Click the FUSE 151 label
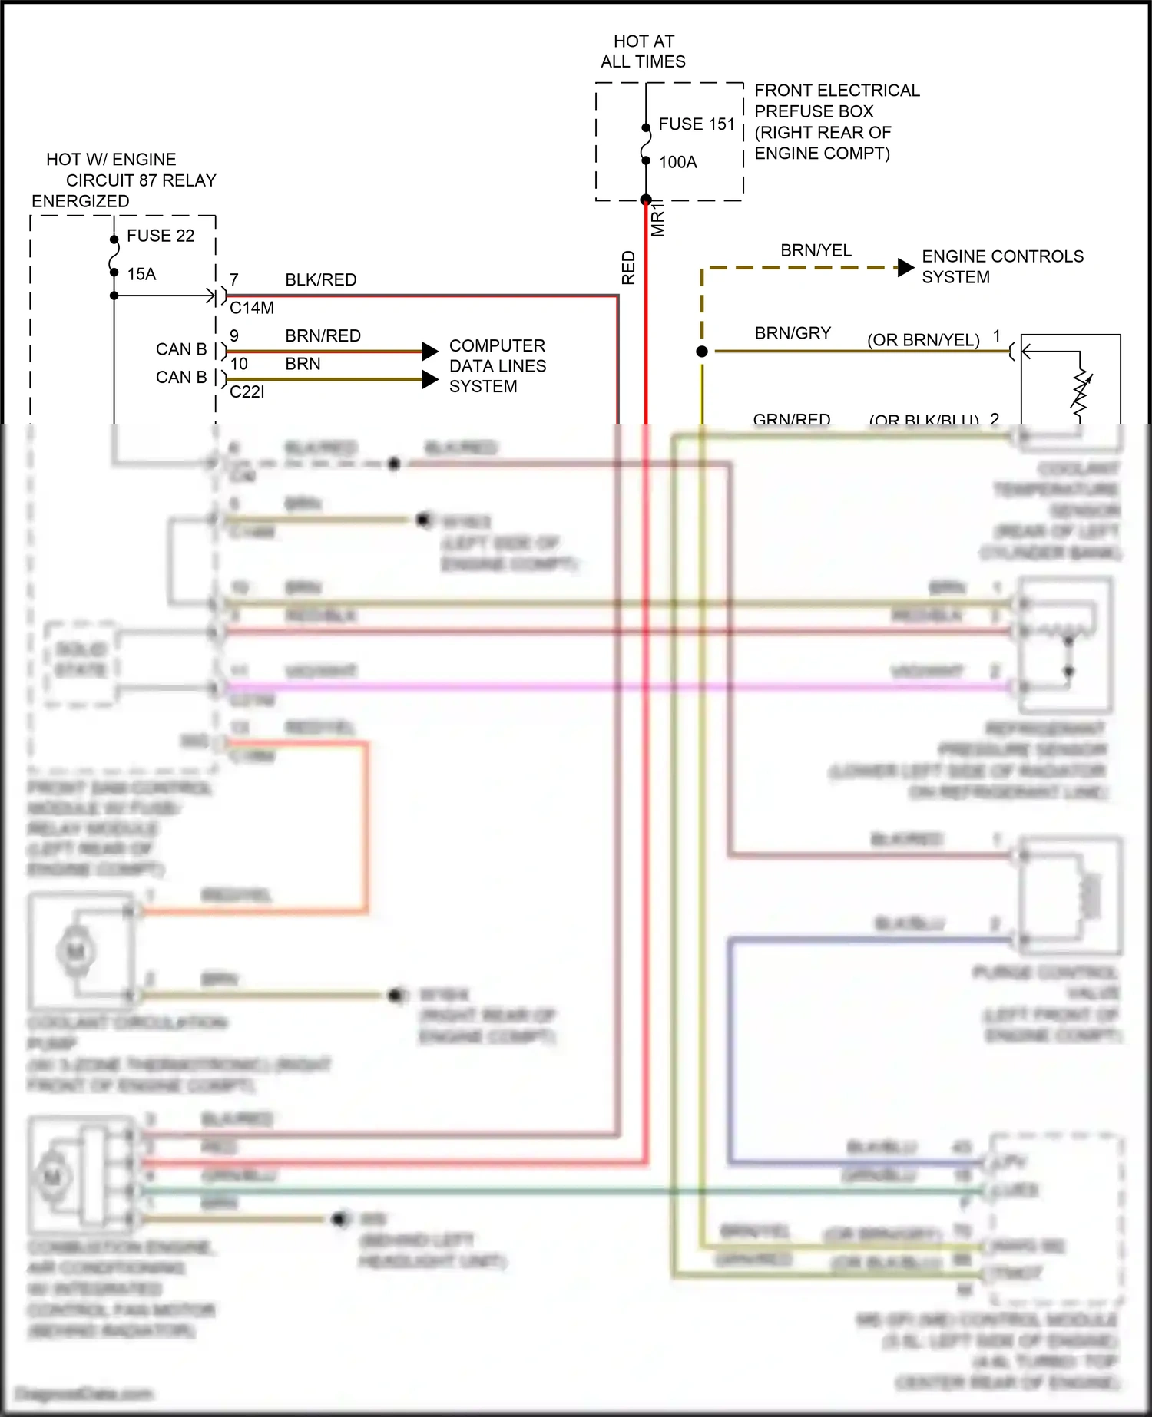click(696, 124)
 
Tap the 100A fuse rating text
click(677, 162)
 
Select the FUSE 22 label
click(160, 236)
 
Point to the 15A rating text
click(141, 274)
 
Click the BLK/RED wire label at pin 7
click(320, 280)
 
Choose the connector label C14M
click(252, 308)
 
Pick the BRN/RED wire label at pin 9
click(323, 336)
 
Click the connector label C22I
click(247, 391)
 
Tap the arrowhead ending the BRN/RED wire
click(430, 352)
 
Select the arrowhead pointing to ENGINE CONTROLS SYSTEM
click(905, 268)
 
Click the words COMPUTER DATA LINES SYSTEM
click(497, 366)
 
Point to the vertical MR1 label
click(657, 219)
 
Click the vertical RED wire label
click(628, 268)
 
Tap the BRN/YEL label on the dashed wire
click(816, 250)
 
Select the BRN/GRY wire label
click(793, 333)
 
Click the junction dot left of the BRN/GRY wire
click(702, 352)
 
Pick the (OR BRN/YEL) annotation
click(923, 340)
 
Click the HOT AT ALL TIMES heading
click(643, 51)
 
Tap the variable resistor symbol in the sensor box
click(1081, 393)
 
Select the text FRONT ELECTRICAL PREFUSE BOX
click(836, 101)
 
